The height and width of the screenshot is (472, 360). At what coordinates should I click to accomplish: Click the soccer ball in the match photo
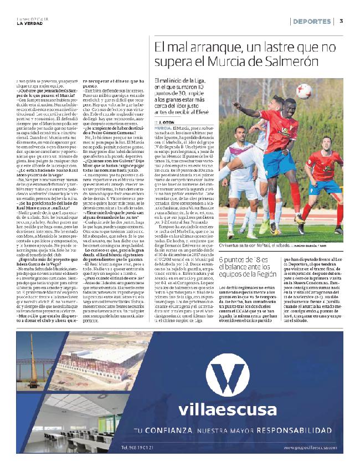304,91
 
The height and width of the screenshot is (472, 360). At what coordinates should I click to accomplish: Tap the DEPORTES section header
312,22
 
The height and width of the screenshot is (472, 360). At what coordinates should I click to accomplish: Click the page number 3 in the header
342,22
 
